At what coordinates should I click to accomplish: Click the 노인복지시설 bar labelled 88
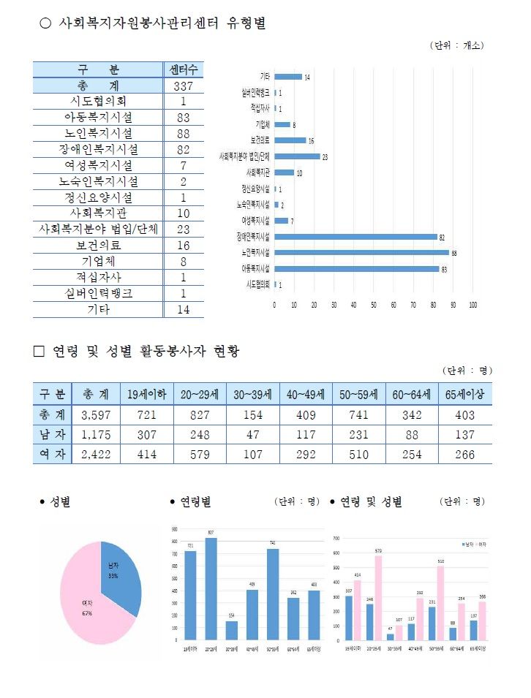pos(361,252)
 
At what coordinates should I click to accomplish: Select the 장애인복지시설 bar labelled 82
pos(355,236)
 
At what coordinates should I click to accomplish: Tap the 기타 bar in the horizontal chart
pos(288,77)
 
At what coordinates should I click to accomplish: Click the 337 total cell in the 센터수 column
pos(183,86)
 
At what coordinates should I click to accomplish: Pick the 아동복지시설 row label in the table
pos(97,117)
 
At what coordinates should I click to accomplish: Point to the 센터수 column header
pos(183,70)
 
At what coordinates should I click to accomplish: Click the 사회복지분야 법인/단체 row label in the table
pos(97,229)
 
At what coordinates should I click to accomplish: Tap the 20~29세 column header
pos(200,394)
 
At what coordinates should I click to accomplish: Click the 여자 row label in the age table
pos(51,455)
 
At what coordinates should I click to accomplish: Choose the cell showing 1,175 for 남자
pos(95,435)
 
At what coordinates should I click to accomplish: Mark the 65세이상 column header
pos(465,394)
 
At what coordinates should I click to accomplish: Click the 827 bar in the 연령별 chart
pos(211,588)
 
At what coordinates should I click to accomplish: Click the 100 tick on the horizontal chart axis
pos(473,304)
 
